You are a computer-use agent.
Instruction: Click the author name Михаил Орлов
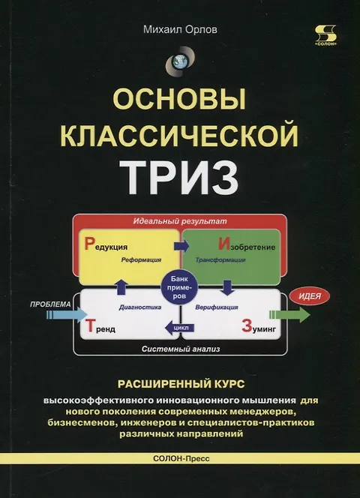(180, 30)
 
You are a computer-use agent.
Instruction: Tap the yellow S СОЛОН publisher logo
(325, 36)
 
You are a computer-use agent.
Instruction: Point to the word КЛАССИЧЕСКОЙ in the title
(179, 136)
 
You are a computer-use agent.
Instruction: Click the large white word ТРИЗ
(179, 178)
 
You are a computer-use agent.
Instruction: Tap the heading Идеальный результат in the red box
(180, 221)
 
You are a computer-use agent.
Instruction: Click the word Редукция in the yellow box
(106, 244)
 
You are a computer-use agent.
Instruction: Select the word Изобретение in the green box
(247, 244)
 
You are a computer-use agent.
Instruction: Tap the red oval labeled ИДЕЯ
(310, 296)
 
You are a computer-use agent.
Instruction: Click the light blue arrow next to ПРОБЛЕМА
(67, 315)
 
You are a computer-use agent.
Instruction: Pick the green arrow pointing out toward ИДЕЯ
(289, 315)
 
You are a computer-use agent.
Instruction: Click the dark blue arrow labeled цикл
(180, 328)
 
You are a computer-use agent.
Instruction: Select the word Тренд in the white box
(100, 326)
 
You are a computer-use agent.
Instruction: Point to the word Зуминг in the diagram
(259, 326)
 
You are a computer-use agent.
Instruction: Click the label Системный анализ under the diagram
(181, 349)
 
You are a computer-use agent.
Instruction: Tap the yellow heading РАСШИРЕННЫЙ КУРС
(181, 384)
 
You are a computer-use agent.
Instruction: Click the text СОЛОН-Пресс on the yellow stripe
(181, 458)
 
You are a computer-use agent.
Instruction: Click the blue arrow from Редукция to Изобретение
(181, 246)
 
